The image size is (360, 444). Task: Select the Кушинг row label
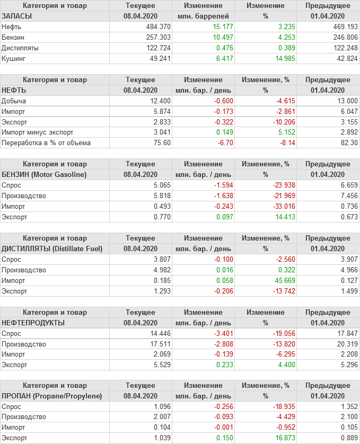coord(14,58)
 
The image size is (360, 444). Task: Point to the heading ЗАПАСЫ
coord(17,16)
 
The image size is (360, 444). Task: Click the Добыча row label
coord(14,101)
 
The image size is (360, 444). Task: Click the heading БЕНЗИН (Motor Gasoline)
coord(45,174)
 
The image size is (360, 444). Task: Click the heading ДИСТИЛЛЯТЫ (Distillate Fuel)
coord(52,248)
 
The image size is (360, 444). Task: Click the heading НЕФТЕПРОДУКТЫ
coord(33,323)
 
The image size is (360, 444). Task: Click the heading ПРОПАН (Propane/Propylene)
coord(52,396)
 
